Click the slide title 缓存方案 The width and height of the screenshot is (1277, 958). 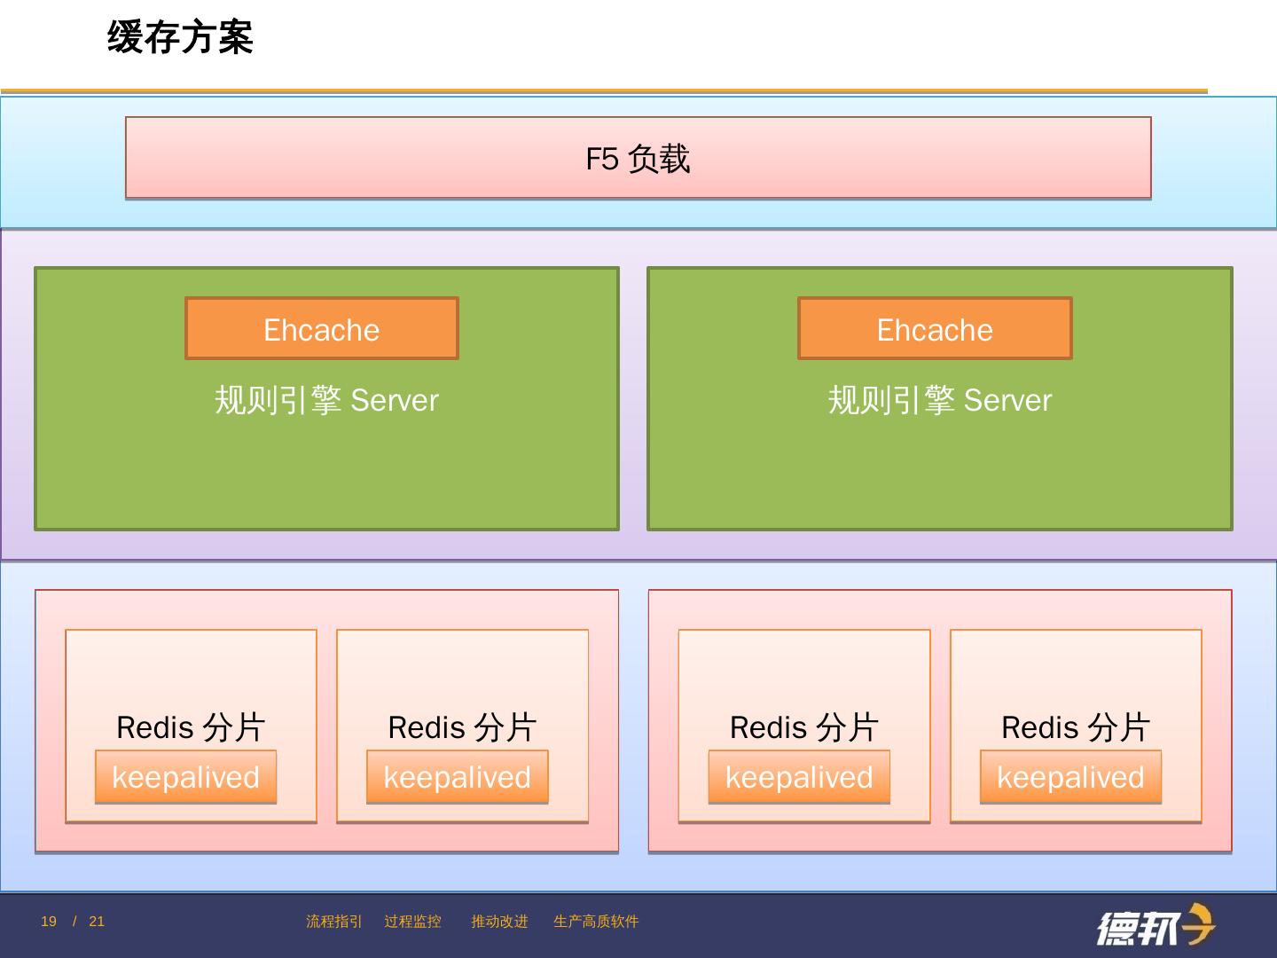click(180, 37)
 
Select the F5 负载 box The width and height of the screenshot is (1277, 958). click(638, 158)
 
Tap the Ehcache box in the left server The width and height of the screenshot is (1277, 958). click(321, 329)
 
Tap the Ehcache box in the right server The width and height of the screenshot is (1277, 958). click(935, 329)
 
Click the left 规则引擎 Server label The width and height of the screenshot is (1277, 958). click(326, 400)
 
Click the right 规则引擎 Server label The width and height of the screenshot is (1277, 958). click(940, 400)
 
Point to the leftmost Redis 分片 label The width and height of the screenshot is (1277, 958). click(191, 727)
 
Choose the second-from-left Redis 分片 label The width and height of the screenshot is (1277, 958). click(462, 727)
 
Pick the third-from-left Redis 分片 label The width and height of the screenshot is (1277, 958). click(803, 727)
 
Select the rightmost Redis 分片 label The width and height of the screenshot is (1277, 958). click(1076, 727)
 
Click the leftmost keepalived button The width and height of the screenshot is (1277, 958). click(185, 777)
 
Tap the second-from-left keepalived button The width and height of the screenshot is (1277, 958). click(457, 777)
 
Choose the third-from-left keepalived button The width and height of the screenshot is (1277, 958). click(799, 777)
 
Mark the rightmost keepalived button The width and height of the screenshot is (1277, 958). click(1070, 777)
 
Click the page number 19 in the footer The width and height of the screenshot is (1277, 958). click(49, 922)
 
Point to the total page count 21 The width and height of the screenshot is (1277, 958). click(97, 922)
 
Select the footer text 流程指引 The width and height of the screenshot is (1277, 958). click(333, 922)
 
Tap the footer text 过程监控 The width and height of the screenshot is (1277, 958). click(412, 922)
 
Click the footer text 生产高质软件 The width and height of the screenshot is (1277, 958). click(596, 922)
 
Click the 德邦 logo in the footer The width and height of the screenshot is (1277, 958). click(1155, 926)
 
